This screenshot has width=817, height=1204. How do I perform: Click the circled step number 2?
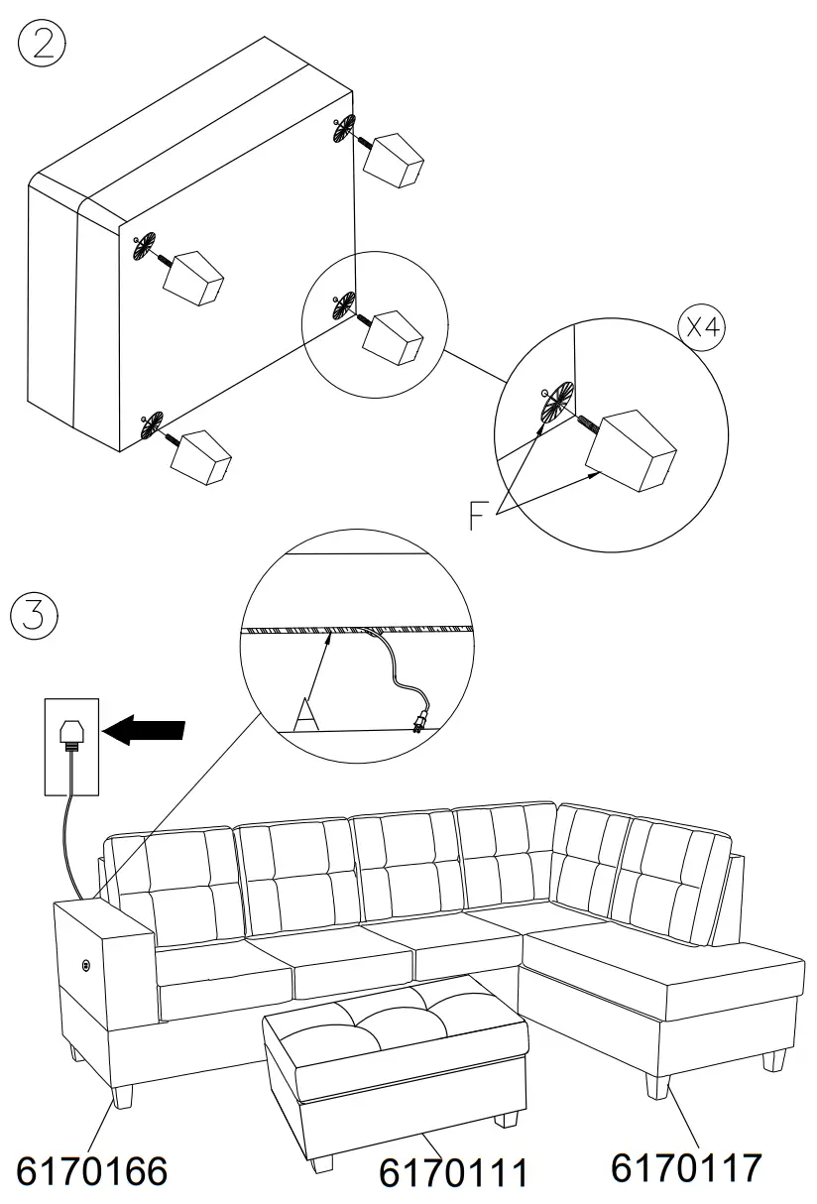pyautogui.click(x=43, y=46)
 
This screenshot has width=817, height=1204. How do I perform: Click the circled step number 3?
pyautogui.click(x=35, y=615)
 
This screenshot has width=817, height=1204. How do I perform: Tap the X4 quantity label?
pyautogui.click(x=701, y=328)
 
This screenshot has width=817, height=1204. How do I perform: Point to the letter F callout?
pyautogui.click(x=479, y=516)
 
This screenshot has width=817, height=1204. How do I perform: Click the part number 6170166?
pyautogui.click(x=92, y=1171)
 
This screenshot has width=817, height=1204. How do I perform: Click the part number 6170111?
pyautogui.click(x=453, y=1174)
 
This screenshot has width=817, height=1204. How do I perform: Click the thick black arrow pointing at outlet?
pyautogui.click(x=144, y=730)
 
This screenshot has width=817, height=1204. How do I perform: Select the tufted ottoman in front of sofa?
pyautogui.click(x=395, y=1051)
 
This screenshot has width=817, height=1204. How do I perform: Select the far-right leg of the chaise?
pyautogui.click(x=771, y=1059)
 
